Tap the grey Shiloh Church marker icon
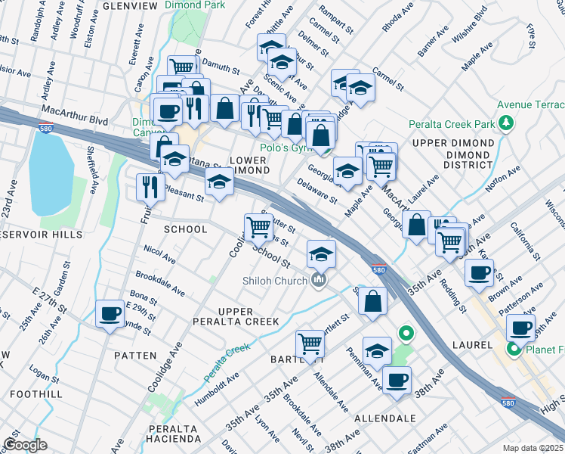(319, 281)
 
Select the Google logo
(25, 444)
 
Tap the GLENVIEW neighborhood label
(130, 6)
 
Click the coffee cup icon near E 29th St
(110, 313)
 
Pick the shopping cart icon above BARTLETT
(310, 344)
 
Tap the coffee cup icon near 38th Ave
(397, 380)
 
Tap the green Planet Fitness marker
(514, 349)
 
